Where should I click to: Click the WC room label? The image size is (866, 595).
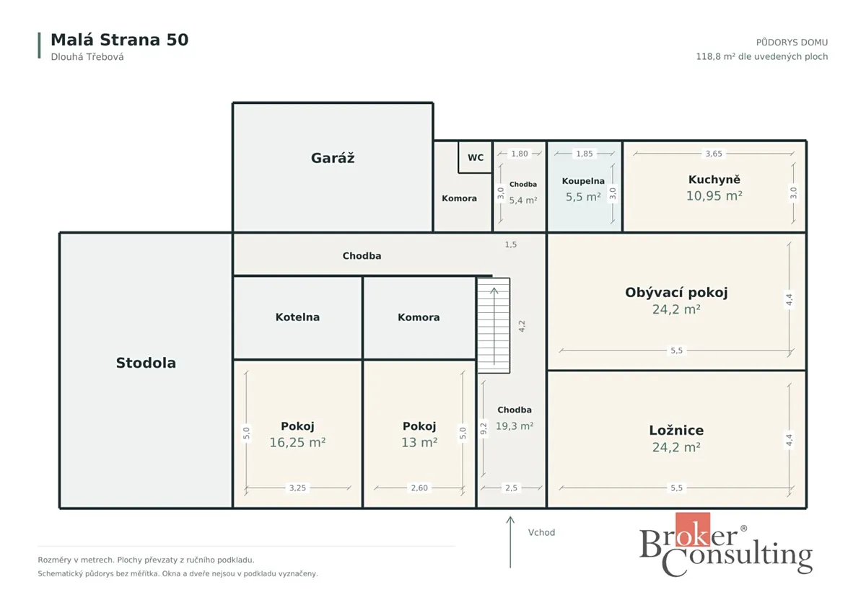click(475, 158)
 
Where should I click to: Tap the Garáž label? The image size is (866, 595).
click(333, 158)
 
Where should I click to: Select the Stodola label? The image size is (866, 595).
click(146, 363)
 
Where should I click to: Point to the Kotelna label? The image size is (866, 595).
click(297, 317)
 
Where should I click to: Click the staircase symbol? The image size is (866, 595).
click(494, 325)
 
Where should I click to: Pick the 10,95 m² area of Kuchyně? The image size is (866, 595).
click(714, 196)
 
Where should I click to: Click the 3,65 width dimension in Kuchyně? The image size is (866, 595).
click(714, 154)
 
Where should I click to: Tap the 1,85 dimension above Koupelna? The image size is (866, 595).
click(584, 154)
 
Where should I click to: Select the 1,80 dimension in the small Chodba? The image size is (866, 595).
click(519, 154)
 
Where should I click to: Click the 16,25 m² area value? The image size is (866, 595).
click(297, 442)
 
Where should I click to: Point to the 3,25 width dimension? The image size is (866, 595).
click(297, 488)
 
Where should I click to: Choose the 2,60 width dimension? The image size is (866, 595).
click(419, 488)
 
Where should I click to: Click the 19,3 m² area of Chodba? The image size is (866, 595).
click(515, 426)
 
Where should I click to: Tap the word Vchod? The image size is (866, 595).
click(542, 532)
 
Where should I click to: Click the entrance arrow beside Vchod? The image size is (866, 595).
click(510, 542)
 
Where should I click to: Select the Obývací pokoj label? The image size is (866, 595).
click(676, 293)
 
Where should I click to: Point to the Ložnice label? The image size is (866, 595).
click(676, 431)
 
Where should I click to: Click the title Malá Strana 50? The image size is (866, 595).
click(120, 40)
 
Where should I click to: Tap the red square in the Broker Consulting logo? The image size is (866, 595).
click(693, 529)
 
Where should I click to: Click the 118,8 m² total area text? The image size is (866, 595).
click(762, 56)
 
